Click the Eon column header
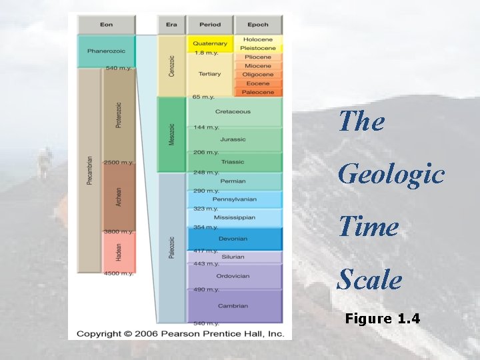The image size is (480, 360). coord(107,25)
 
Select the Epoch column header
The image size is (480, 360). coord(258,25)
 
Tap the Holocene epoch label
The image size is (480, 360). coord(258,40)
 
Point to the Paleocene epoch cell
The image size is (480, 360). coord(258,92)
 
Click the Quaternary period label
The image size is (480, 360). coord(210,43)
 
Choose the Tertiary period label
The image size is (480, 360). coord(209,74)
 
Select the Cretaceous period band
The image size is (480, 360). coord(233,112)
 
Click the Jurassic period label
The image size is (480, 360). coord(233,139)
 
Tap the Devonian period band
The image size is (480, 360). coord(233,239)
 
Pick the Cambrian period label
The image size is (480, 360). coord(233,306)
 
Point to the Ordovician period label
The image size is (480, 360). coord(233,276)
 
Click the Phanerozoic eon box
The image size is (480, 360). coord(107,51)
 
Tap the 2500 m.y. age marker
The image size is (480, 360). coord(119,163)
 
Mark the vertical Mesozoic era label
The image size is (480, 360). coord(171,134)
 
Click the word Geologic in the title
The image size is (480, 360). coord(391,174)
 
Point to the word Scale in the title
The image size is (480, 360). coord(369,279)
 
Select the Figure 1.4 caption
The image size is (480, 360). coord(383,319)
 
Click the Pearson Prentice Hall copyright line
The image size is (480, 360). coord(180,333)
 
